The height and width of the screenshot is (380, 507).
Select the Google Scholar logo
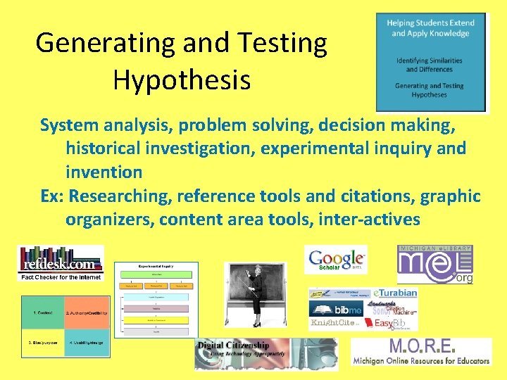pyautogui.click(x=336, y=259)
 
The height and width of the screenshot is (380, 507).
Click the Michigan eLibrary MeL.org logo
pyautogui.click(x=434, y=265)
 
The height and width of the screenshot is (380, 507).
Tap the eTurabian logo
pyautogui.click(x=395, y=293)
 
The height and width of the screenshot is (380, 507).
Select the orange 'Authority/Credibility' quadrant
pyautogui.click(x=86, y=312)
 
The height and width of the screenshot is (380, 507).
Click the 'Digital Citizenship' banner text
pyautogui.click(x=233, y=346)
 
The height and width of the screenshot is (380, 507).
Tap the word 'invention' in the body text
pyautogui.click(x=104, y=172)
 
